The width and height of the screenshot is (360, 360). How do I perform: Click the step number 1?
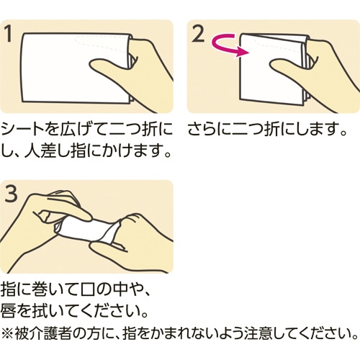pyautogui.click(x=9, y=34)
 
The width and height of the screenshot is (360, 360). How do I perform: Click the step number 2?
pyautogui.click(x=198, y=34)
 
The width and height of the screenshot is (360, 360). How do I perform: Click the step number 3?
pyautogui.click(x=12, y=194)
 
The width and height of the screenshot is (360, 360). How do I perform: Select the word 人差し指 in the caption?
pyautogui.click(x=55, y=151)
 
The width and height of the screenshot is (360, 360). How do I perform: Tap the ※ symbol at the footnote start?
pyautogui.click(x=7, y=333)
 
